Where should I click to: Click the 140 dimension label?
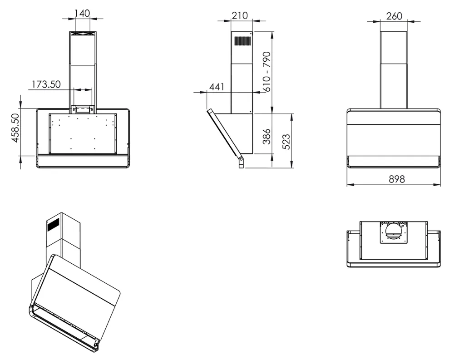click(82, 14)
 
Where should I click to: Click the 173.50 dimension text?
click(46, 84)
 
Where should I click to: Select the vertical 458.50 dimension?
click(15, 128)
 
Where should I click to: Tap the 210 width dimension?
click(240, 15)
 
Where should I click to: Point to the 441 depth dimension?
click(217, 87)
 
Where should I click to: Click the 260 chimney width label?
click(394, 16)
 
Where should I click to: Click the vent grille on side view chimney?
click(242, 41)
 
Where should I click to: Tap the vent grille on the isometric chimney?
click(53, 224)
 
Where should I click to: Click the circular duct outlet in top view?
click(394, 233)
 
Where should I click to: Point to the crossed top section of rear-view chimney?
click(82, 35)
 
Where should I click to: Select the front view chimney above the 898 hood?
click(394, 70)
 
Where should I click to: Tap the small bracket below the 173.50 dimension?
click(83, 109)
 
